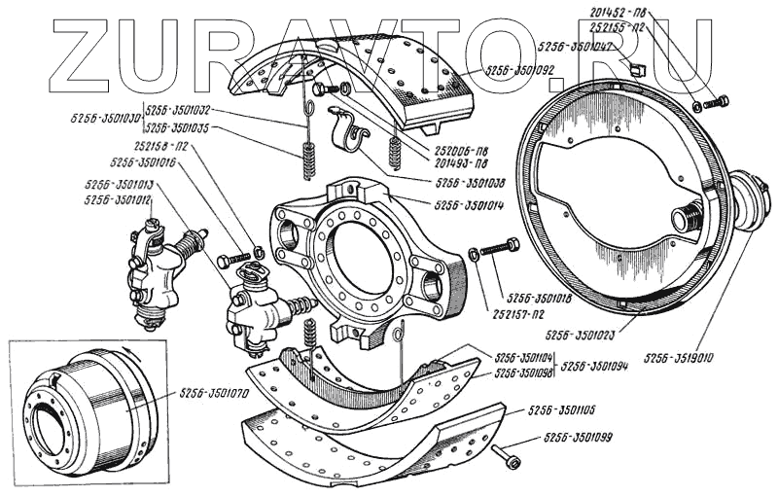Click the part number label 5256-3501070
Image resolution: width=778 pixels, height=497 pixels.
213,396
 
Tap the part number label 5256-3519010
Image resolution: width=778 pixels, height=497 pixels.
679,358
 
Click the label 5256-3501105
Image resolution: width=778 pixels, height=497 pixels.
561,410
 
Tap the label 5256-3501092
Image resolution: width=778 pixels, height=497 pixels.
518,70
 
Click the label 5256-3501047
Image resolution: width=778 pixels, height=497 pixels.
573,46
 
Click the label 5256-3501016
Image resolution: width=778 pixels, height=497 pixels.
143,163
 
